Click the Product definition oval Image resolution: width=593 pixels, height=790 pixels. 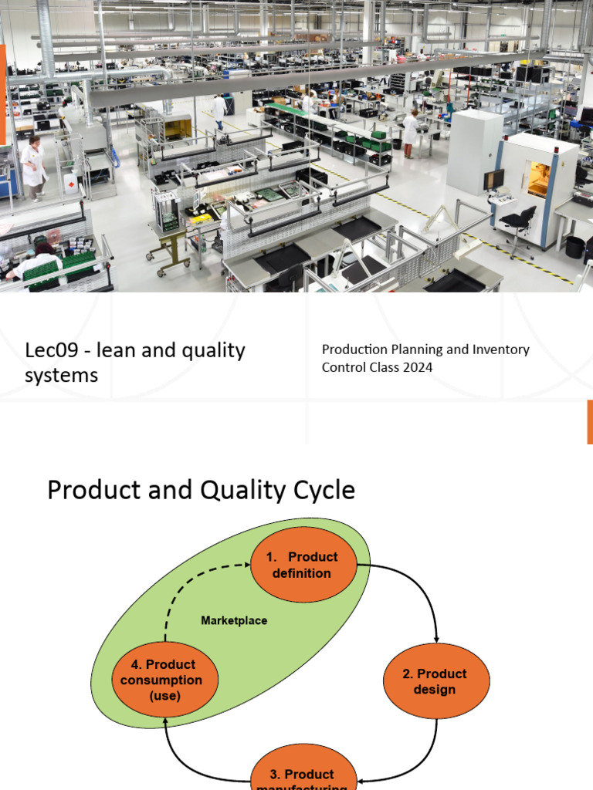tap(303, 565)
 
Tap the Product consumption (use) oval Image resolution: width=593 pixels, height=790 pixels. tap(165, 680)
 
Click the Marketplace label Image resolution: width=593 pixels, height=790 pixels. tap(234, 620)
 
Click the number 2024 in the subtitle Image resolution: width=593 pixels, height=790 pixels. tap(417, 367)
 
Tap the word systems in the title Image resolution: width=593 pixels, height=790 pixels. tap(62, 376)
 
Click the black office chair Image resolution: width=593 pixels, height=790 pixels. tap(518, 228)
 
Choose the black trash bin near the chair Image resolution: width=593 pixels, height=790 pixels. tap(574, 247)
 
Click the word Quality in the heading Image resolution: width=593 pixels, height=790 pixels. tap(240, 490)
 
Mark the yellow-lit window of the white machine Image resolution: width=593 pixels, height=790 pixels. tap(538, 179)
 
